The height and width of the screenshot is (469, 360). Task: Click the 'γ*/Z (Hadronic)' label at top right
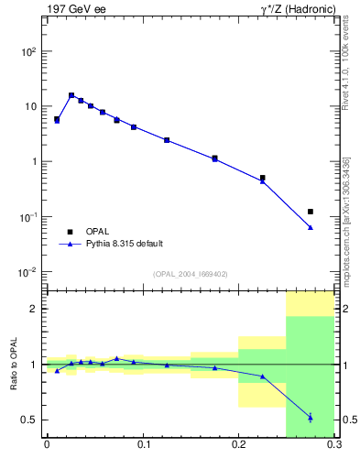point(295,9)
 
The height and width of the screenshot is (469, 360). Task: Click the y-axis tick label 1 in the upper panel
point(34,162)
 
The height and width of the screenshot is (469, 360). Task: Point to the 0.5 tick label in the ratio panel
point(28,420)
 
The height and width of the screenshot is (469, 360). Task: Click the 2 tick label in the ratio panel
point(34,309)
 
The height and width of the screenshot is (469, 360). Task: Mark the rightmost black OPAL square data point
point(311,212)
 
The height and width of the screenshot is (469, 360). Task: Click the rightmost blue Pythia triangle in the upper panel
point(311,227)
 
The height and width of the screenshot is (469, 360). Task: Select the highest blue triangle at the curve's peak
point(71,94)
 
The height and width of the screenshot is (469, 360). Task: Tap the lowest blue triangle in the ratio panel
point(311,418)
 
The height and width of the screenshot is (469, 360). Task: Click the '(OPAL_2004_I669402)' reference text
point(191,274)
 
